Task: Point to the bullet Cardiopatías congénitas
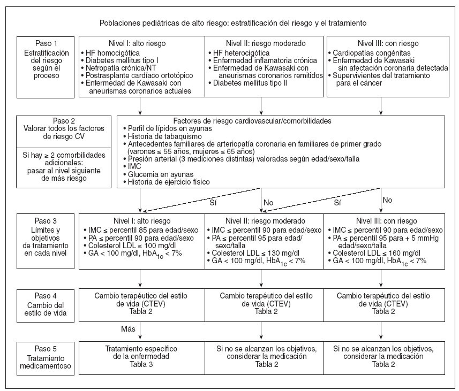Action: (368, 53)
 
